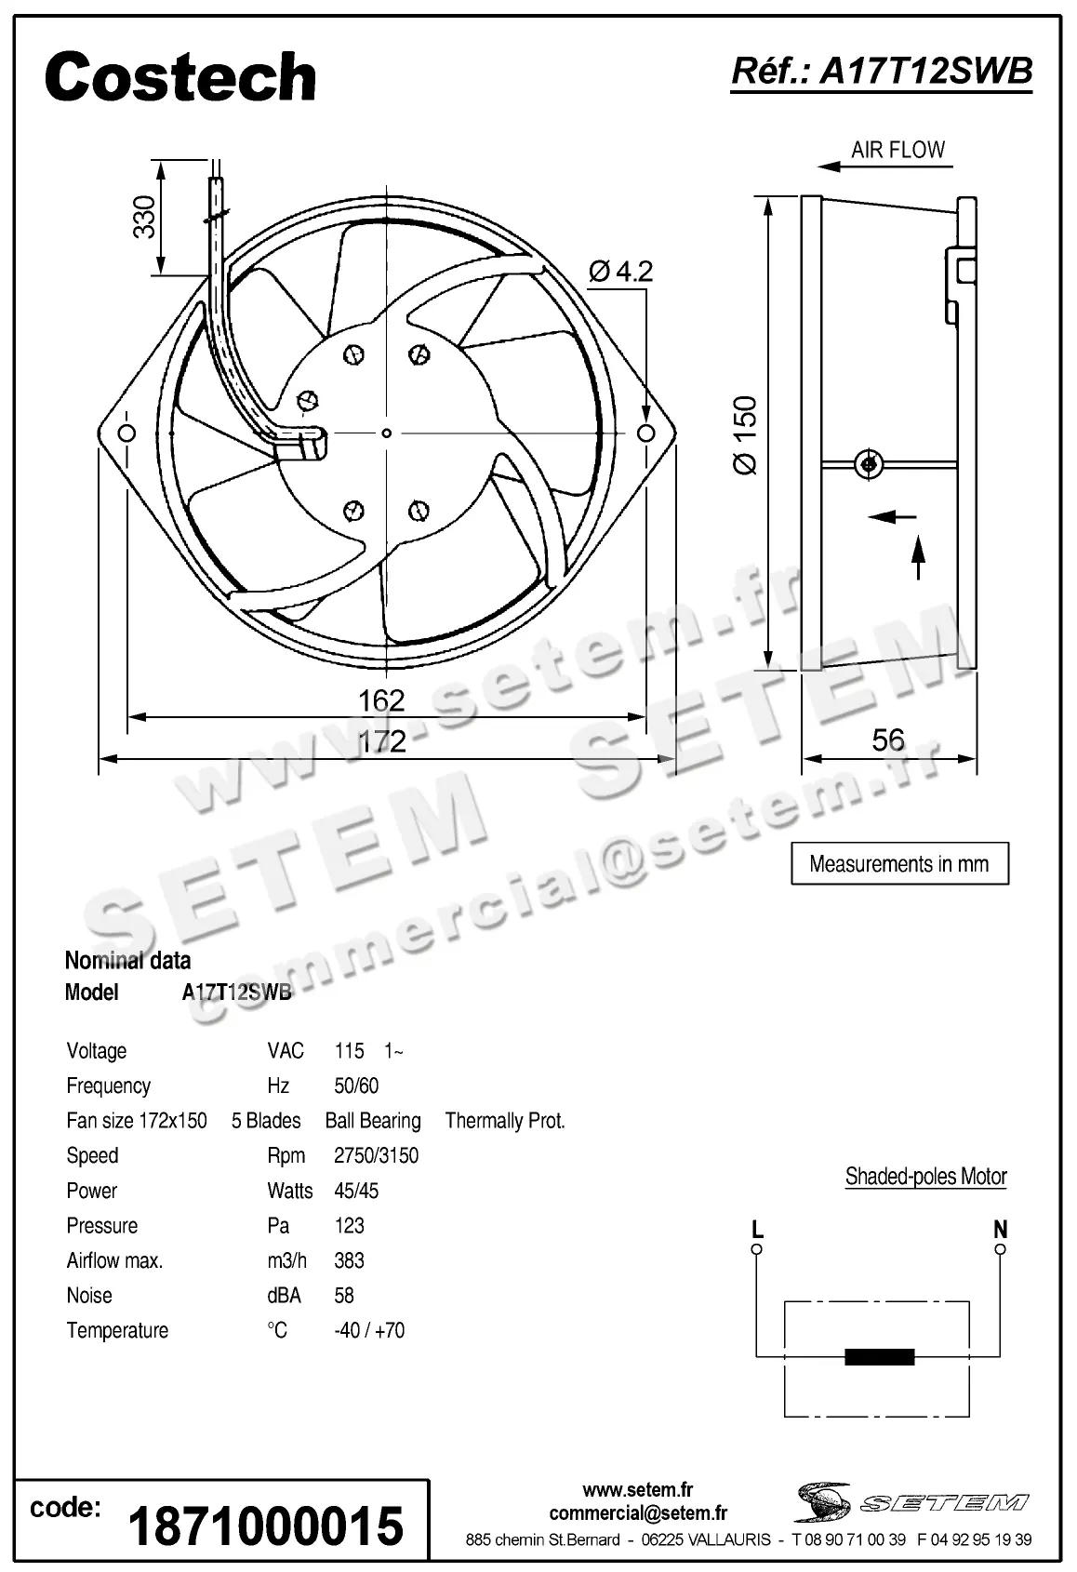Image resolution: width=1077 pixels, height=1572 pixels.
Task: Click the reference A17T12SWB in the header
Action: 882,71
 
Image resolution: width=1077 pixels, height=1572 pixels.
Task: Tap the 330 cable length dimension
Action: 144,217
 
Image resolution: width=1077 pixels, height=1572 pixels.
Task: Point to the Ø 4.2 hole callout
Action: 621,271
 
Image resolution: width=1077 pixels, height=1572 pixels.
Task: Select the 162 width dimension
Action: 381,699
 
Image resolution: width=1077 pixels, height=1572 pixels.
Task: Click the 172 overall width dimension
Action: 382,740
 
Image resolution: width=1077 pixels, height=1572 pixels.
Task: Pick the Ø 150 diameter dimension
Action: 745,435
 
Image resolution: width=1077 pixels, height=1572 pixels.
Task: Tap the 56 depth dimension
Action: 887,739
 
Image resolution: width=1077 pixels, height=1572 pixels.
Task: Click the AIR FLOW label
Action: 897,150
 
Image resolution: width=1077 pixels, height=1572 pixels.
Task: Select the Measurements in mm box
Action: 899,863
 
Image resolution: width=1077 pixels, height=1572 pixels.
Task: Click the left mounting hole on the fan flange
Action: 127,433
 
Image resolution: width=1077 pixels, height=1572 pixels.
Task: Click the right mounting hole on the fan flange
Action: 645,433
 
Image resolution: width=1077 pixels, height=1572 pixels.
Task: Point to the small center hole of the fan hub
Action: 387,433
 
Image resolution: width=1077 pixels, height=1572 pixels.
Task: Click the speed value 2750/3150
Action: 376,1155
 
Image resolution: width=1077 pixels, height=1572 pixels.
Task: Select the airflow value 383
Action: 349,1260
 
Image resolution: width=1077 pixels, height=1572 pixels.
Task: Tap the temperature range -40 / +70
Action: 369,1330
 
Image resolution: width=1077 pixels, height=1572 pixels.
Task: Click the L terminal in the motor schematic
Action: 757,1249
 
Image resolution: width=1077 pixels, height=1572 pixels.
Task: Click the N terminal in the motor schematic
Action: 1000,1249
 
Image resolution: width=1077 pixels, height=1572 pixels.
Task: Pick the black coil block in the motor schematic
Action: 879,1357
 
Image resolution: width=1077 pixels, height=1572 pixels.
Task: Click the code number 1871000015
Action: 266,1525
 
